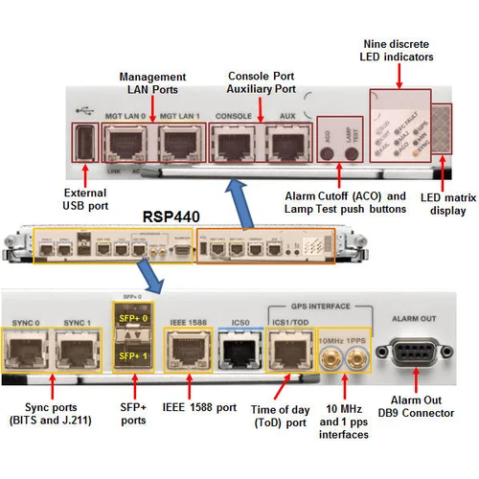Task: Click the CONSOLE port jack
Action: coord(232,144)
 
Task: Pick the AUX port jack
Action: coord(285,144)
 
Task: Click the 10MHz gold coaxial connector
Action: coord(330,360)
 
